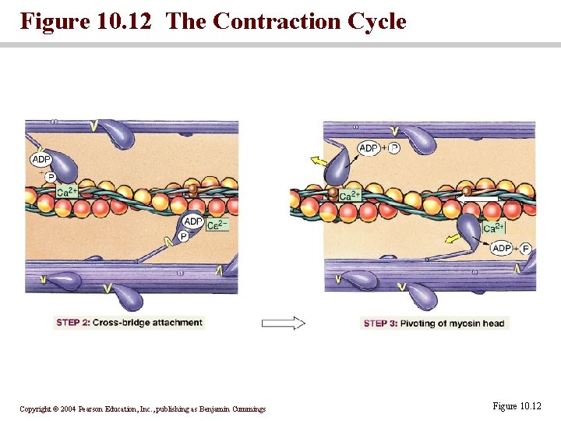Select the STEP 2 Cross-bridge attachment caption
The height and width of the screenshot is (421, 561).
coord(129,323)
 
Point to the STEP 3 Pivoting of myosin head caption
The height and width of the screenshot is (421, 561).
coord(434,324)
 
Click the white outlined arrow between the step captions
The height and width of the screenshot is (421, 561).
coord(283,323)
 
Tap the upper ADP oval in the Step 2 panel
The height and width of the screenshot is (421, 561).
coord(41,160)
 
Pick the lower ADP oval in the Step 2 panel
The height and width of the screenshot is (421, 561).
coord(192,222)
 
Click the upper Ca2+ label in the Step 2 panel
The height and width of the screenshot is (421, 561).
coord(66,192)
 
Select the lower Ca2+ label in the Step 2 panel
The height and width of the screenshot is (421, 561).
coord(217,225)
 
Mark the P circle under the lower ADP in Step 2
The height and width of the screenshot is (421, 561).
coord(184,236)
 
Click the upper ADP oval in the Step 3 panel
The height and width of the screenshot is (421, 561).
coord(369,148)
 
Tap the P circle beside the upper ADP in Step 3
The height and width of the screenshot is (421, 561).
coord(393,148)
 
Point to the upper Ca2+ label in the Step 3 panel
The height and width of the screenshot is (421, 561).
coord(350,195)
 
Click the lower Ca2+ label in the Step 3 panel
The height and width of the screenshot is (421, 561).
coord(494,228)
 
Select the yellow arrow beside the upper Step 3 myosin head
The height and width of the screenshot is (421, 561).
coord(319,161)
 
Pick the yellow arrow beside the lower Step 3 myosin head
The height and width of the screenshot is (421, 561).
coord(453,239)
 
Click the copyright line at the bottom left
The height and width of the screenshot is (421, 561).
coord(143,409)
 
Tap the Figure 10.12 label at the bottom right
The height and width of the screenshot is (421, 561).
coord(516,406)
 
